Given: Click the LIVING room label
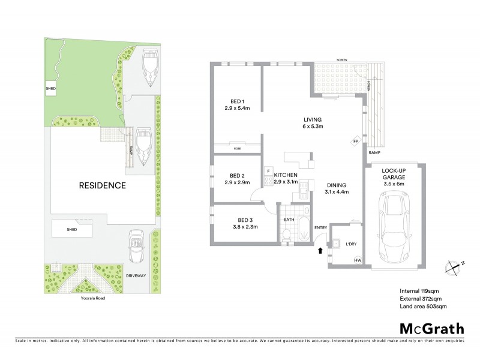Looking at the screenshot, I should (x=313, y=120).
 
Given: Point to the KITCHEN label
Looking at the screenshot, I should (x=286, y=175).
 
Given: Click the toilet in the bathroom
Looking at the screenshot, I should (x=287, y=236).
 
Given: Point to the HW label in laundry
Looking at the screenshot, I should (x=358, y=260).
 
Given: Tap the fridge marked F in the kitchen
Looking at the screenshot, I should (x=268, y=171).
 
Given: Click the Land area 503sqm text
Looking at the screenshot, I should (x=424, y=307).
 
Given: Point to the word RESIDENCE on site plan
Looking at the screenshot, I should (x=103, y=185).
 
